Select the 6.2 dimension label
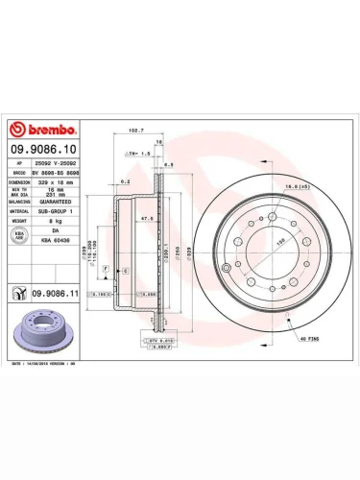point(125,180)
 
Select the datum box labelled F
point(106,264)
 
